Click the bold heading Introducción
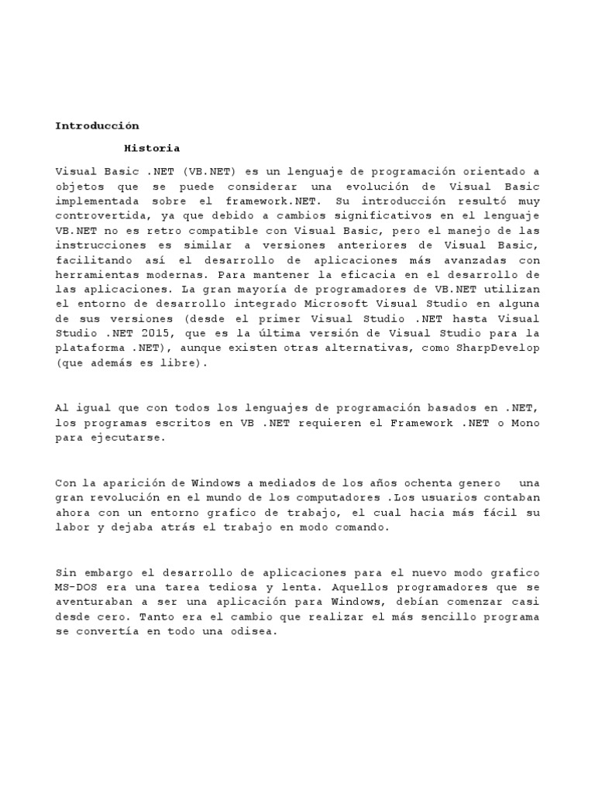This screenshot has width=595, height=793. (97, 125)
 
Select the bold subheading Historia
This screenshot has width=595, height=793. (152, 148)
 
